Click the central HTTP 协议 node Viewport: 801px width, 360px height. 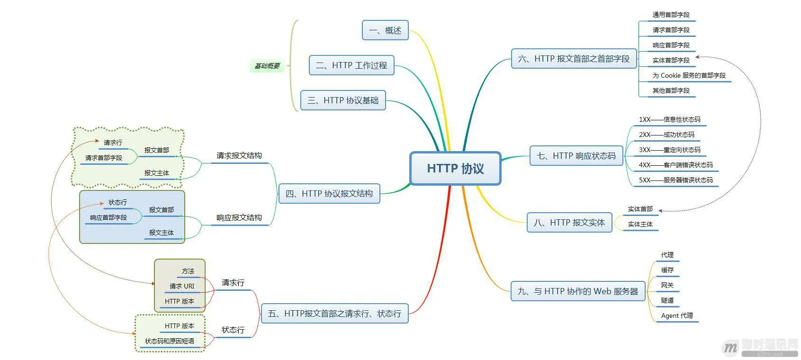click(x=455, y=168)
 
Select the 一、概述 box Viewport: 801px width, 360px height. click(x=385, y=30)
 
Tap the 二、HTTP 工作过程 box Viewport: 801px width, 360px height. click(x=351, y=65)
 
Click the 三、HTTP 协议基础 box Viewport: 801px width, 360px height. click(x=343, y=100)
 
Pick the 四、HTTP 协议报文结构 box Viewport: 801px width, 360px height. click(x=329, y=194)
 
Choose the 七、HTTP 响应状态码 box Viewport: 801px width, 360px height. click(x=576, y=156)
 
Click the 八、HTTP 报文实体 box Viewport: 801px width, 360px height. click(x=569, y=223)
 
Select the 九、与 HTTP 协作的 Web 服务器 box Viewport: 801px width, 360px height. click(x=578, y=291)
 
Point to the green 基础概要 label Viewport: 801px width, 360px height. click(x=267, y=66)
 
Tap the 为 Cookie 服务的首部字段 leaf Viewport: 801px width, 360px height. click(x=689, y=75)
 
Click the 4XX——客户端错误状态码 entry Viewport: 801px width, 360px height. click(x=675, y=165)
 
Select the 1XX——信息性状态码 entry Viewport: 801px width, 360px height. click(x=669, y=119)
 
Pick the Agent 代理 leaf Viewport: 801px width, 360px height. click(x=677, y=315)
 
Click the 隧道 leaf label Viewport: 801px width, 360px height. click(x=667, y=300)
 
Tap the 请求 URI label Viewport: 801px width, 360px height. click(x=182, y=286)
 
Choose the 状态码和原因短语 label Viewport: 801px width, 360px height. click(x=170, y=341)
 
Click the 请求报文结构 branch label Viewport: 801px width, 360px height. click(x=239, y=155)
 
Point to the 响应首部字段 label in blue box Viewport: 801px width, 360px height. click(x=108, y=217)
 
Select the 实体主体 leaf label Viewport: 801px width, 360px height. click(x=640, y=224)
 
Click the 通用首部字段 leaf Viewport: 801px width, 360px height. click(x=671, y=15)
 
